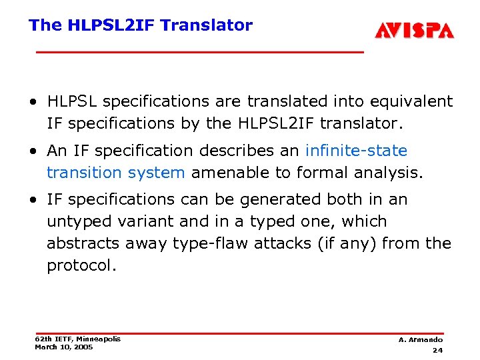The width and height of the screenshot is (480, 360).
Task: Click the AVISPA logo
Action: (x=414, y=30)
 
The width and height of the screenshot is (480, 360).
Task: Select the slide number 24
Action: (x=437, y=350)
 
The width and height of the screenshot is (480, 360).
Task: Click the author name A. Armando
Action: (x=421, y=339)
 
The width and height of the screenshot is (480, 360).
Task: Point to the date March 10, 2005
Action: (x=64, y=347)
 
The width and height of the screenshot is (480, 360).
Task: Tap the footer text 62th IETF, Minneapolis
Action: (x=77, y=339)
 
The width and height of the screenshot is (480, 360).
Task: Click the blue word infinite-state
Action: (x=356, y=151)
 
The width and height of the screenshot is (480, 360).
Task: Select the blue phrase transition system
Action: (x=115, y=173)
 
